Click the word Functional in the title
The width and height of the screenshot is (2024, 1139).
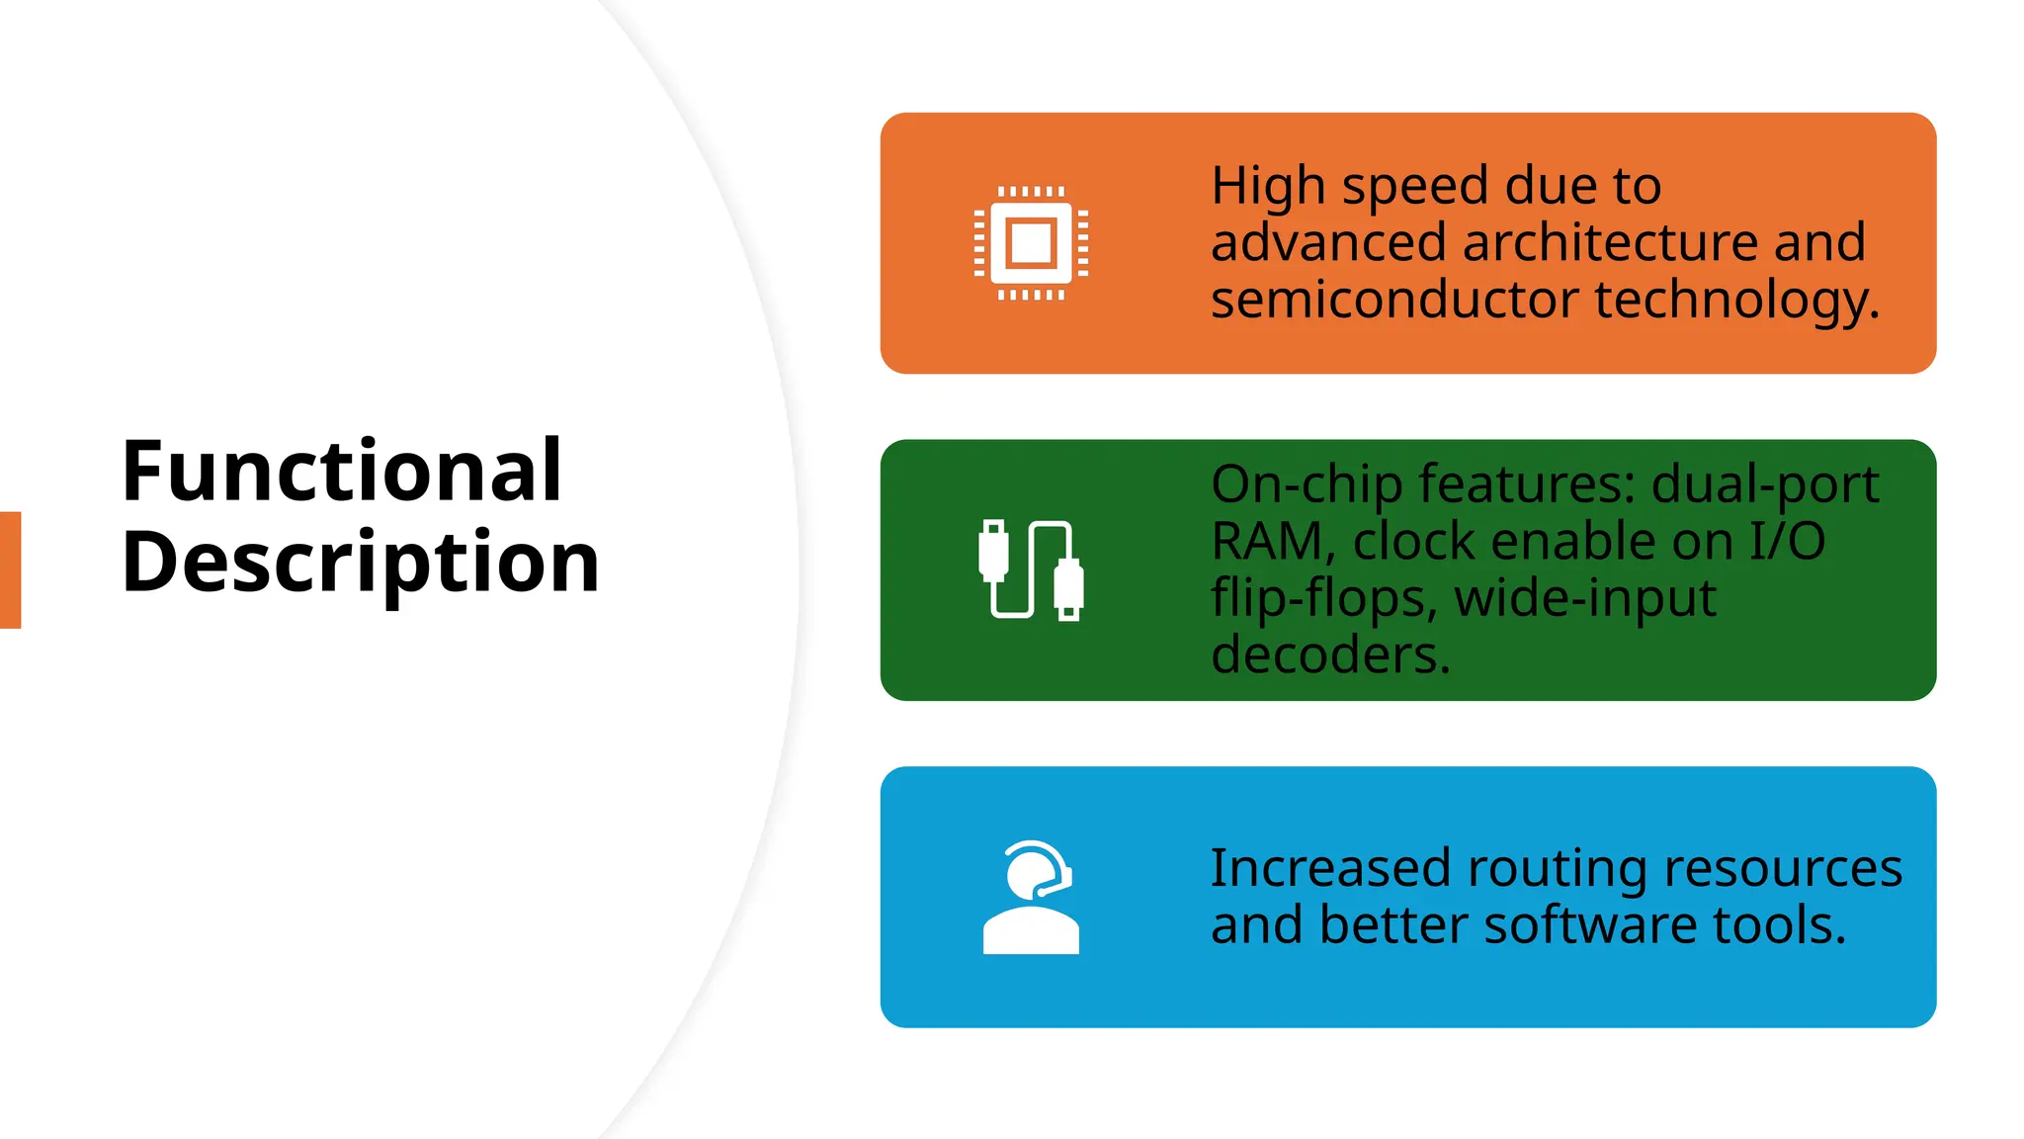click(342, 471)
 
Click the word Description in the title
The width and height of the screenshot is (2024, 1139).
click(361, 562)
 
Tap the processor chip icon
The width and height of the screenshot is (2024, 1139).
click(1031, 243)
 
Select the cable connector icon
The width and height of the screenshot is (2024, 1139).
click(1031, 570)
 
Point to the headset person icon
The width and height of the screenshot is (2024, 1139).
click(1031, 897)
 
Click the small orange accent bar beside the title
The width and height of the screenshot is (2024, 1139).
click(10, 569)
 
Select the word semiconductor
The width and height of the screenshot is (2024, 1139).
click(1394, 300)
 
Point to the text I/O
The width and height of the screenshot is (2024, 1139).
click(1787, 542)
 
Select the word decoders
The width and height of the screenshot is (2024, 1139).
click(1330, 656)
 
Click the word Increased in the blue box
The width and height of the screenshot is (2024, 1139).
click(1330, 869)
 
